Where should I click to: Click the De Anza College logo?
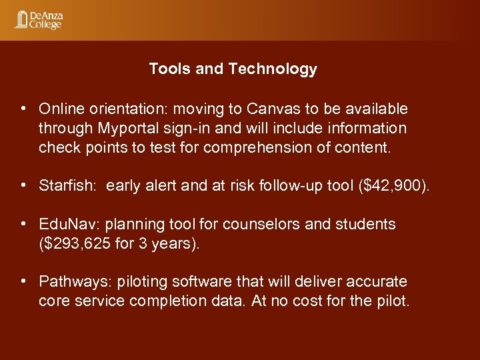(x=38, y=20)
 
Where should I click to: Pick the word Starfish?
(x=65, y=185)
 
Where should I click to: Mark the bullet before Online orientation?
(x=23, y=108)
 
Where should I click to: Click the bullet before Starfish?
(x=23, y=185)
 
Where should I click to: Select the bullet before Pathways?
(x=23, y=282)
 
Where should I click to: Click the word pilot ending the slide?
(x=392, y=301)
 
